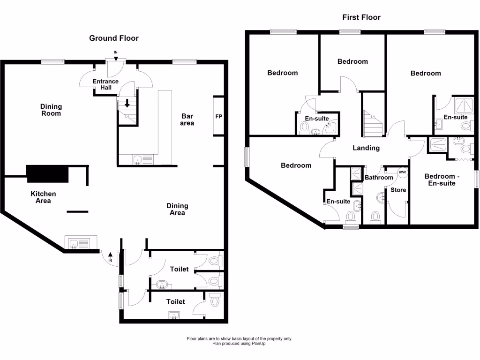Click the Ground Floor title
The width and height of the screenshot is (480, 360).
(114, 38)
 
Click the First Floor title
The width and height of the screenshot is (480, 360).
(361, 17)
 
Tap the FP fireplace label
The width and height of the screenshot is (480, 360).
(218, 116)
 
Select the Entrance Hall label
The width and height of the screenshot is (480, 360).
(105, 84)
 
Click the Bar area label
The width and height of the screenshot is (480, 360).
(187, 120)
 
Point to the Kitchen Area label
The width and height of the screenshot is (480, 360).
(43, 197)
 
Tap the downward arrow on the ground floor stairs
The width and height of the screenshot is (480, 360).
(127, 103)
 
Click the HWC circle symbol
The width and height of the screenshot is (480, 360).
(403, 172)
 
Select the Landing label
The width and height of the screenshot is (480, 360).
(366, 148)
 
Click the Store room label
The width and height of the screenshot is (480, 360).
(398, 190)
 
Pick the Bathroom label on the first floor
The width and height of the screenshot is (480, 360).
(379, 178)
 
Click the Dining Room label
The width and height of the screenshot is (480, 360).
(51, 110)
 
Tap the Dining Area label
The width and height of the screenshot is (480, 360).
(177, 209)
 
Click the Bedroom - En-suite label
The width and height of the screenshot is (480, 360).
(440, 180)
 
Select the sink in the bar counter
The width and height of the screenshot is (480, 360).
(138, 160)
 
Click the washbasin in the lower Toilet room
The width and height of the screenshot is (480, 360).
(174, 315)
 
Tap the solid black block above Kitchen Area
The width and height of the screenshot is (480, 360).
(48, 174)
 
